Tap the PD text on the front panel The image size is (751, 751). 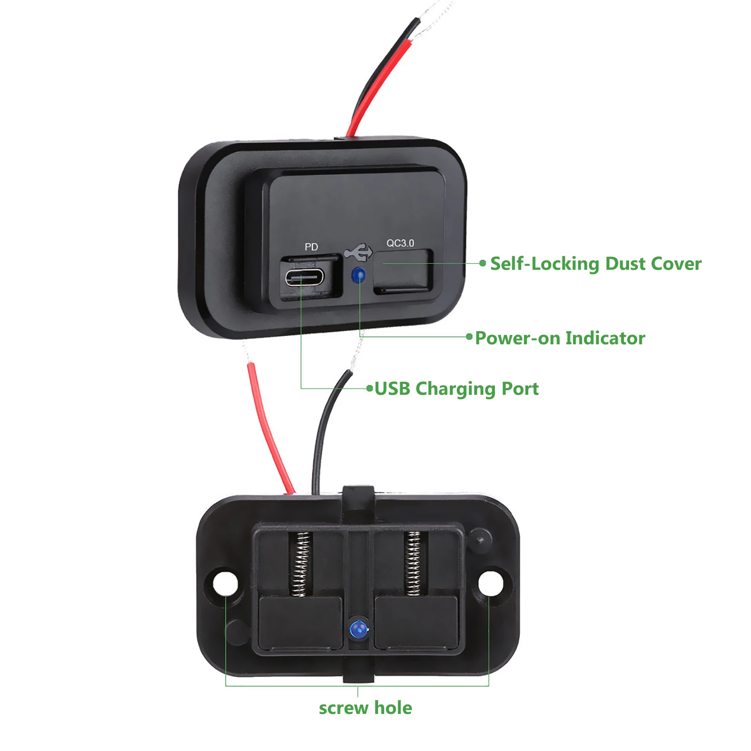tap(311, 247)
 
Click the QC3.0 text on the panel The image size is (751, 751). tap(400, 243)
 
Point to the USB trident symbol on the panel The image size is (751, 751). tap(358, 252)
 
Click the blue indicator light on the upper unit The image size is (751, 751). tap(359, 275)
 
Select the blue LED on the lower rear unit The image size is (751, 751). tap(358, 628)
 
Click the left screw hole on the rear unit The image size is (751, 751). tap(226, 584)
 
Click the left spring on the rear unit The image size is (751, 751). tap(300, 564)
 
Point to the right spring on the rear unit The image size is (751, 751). tap(413, 563)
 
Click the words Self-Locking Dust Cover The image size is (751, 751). tap(596, 264)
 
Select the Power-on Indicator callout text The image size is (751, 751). tap(560, 338)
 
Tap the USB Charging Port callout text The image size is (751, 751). tap(457, 389)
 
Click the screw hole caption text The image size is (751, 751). tap(365, 708)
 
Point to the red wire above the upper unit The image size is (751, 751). tap(380, 87)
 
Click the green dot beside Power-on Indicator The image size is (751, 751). tap(469, 337)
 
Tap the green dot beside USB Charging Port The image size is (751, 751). tap(370, 388)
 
